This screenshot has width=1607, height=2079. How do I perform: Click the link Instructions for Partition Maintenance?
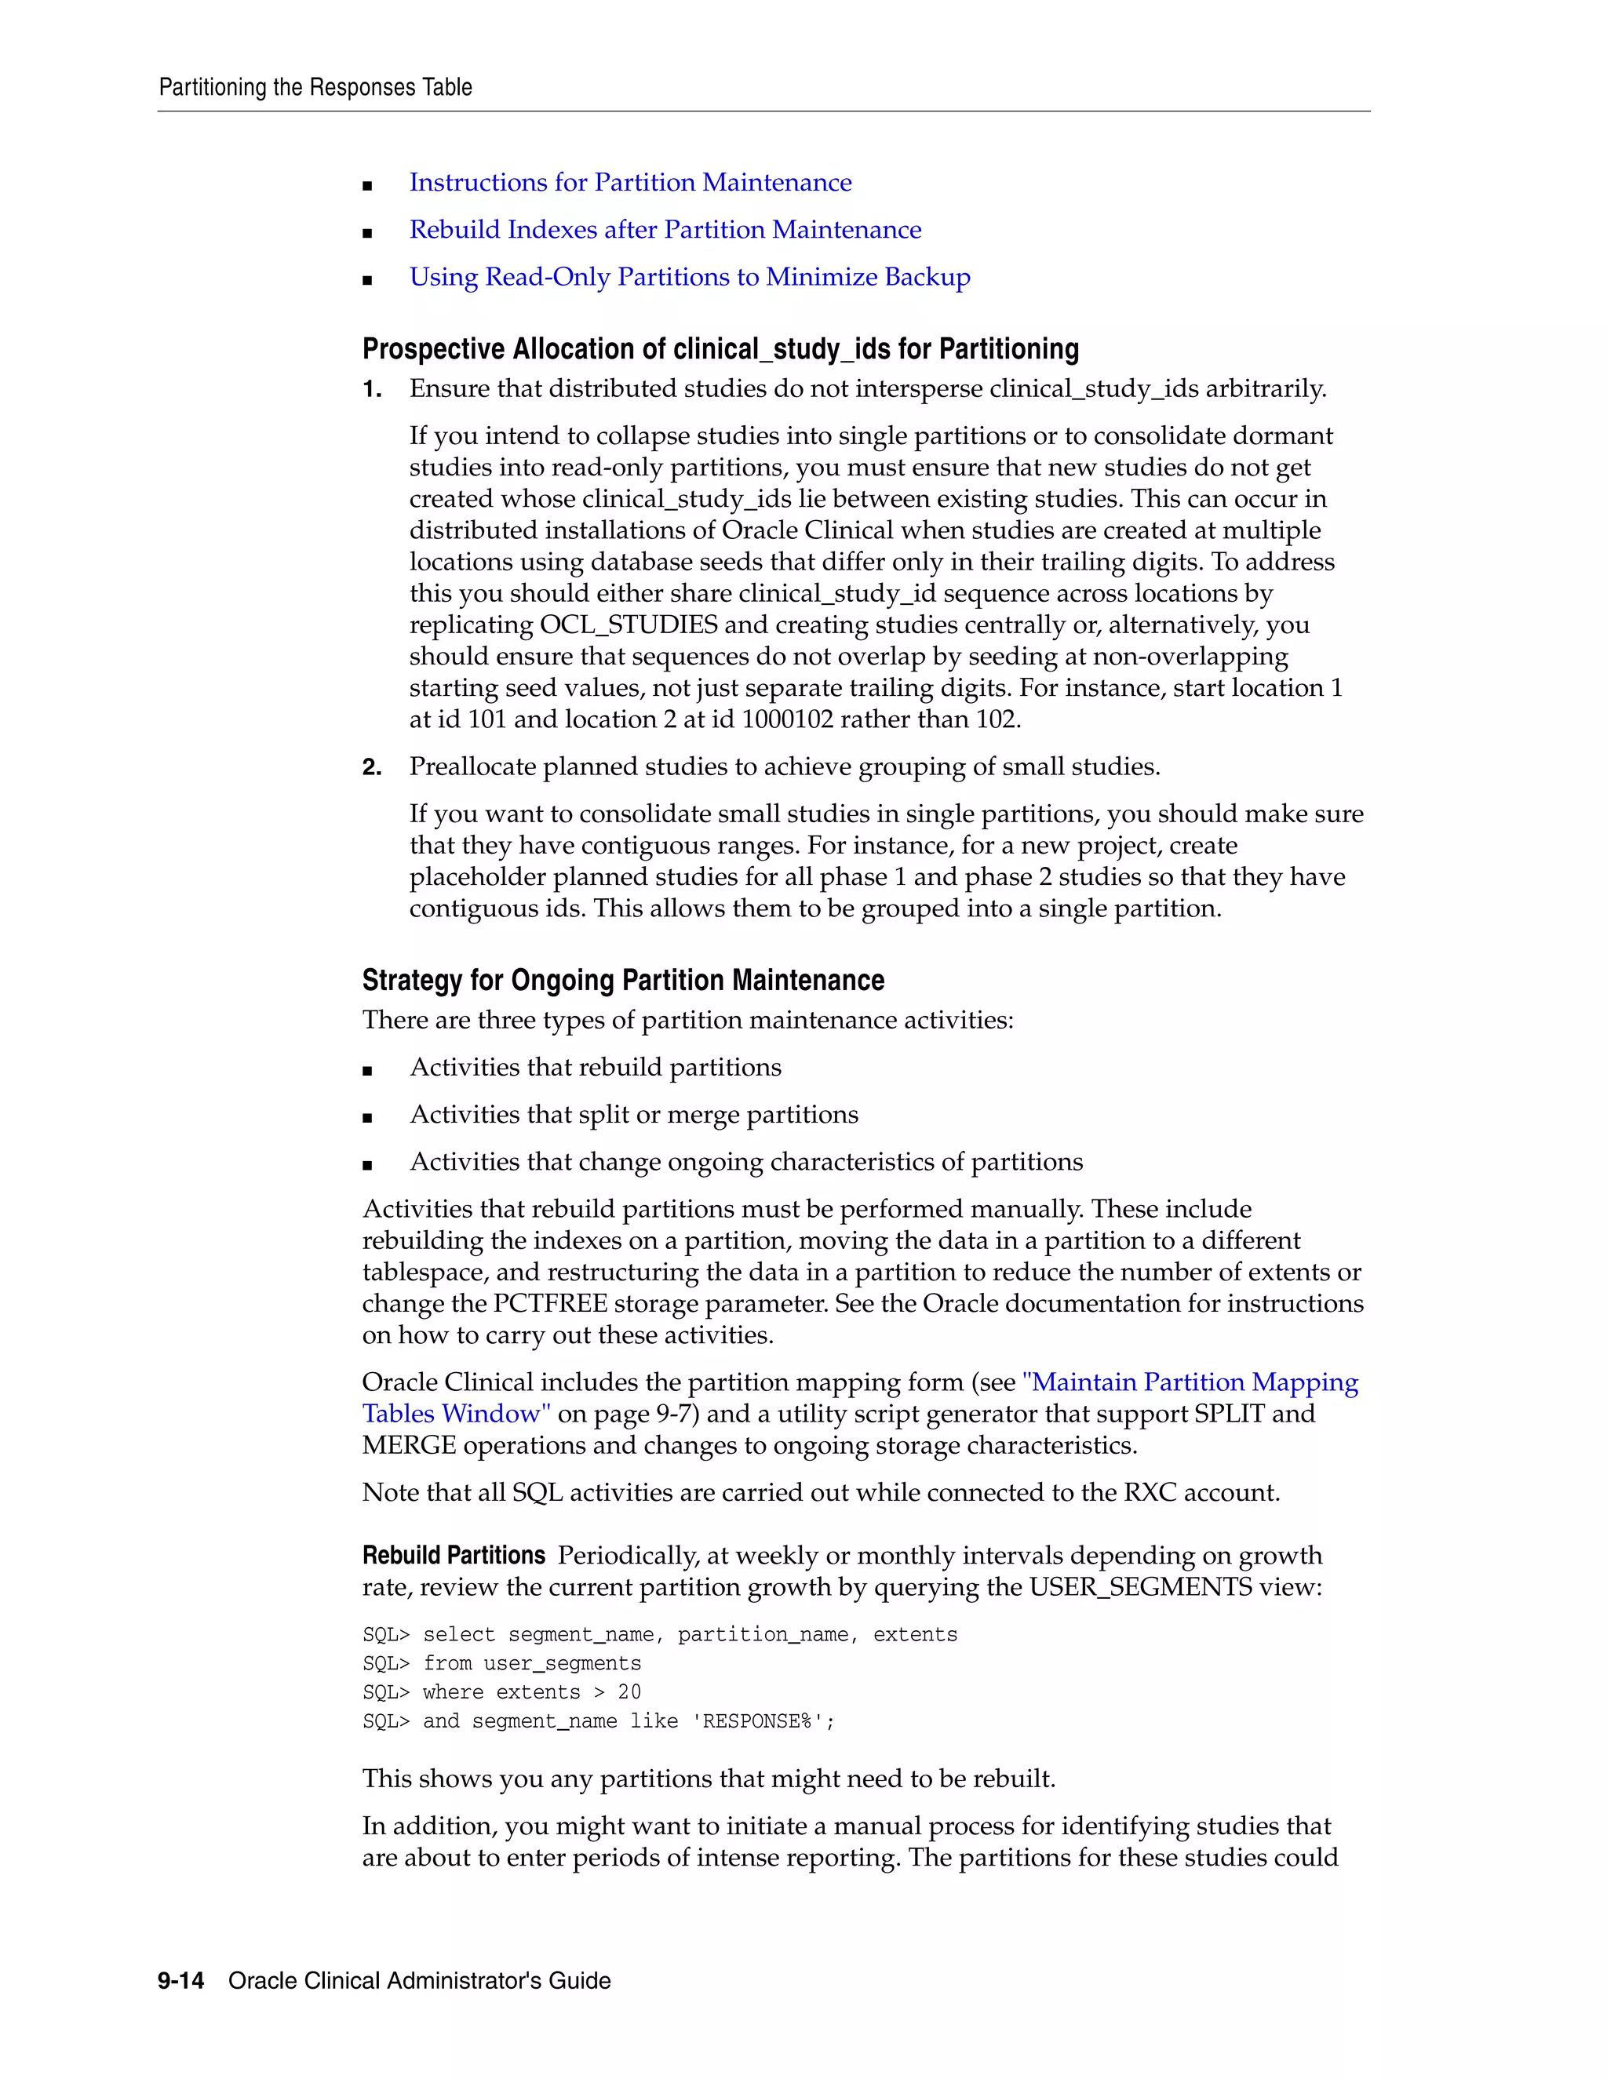click(630, 182)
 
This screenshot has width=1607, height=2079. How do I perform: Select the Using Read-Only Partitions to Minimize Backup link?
click(689, 277)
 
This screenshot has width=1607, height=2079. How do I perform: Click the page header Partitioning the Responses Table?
click(315, 88)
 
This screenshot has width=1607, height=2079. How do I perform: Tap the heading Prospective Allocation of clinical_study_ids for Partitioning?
click(720, 349)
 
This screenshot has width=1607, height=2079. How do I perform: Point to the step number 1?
click(371, 389)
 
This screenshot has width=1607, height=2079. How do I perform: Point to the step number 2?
click(371, 767)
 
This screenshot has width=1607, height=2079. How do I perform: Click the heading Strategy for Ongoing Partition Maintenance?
click(622, 981)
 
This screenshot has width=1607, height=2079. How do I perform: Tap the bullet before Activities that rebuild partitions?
click(367, 1071)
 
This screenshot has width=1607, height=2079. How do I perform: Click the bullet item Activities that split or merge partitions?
click(633, 1115)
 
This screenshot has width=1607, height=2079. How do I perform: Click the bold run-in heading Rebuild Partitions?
click(454, 1557)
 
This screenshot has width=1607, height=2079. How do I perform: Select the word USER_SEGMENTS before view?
click(1139, 1588)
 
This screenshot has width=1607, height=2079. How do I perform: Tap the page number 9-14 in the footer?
click(181, 1981)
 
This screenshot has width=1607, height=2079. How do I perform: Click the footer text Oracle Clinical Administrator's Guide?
click(419, 1981)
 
